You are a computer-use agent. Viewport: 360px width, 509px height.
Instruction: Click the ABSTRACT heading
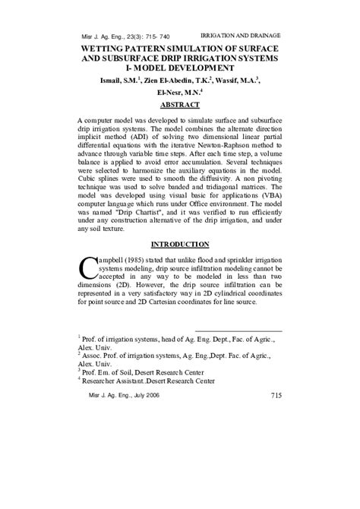click(x=180, y=105)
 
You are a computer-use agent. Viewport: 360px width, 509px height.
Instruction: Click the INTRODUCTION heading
click(x=179, y=244)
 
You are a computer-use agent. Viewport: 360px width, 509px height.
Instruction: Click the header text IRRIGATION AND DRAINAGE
click(x=246, y=36)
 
